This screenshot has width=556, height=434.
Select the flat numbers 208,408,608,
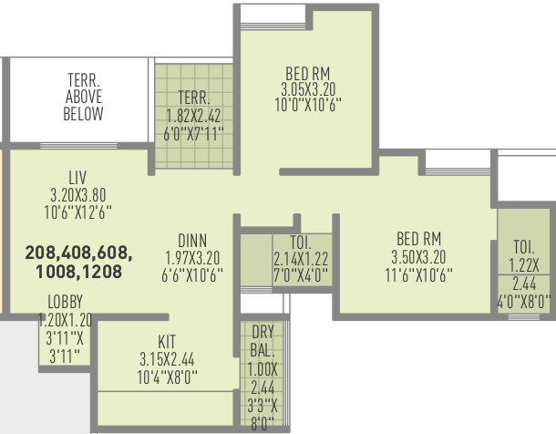pos(78,251)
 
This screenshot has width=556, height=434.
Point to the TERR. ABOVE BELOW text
pos(83,96)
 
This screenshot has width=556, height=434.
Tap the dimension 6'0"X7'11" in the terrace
pos(194,133)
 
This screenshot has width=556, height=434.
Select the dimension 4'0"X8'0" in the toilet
pos(524,300)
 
